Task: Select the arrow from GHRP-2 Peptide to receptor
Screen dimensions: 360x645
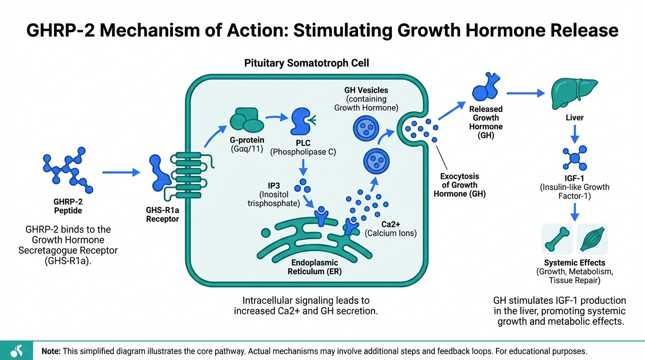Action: (121, 172)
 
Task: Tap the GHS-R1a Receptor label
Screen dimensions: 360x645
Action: (162, 215)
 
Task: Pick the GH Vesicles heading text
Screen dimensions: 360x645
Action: (366, 90)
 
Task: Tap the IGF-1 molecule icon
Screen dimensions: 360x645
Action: (574, 157)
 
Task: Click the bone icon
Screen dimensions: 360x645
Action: (557, 239)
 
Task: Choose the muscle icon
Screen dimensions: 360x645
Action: (592, 239)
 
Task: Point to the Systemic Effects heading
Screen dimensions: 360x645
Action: (574, 263)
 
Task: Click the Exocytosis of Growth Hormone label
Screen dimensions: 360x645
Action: (459, 185)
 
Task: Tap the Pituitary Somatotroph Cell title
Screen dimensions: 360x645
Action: (307, 63)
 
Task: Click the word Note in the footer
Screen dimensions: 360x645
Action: (50, 351)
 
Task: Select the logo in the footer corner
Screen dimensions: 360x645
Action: (16, 351)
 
